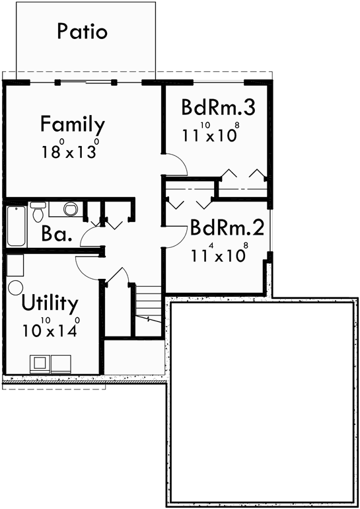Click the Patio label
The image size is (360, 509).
tap(82, 31)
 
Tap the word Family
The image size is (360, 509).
tap(72, 124)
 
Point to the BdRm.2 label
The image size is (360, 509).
tap(227, 228)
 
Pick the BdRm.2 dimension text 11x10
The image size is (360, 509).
tap(220, 255)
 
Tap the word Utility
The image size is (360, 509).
tap(50, 304)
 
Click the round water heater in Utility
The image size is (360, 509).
tap(15, 288)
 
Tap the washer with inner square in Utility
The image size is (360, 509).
tap(40, 363)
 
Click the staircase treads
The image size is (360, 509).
tap(149, 301)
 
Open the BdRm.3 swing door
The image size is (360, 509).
tap(175, 164)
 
